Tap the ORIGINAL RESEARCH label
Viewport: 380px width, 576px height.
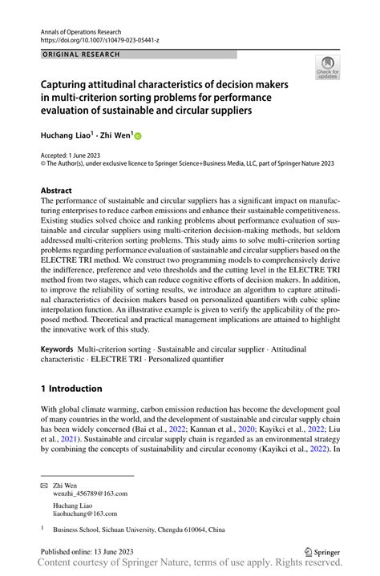pyautogui.click(x=80, y=54)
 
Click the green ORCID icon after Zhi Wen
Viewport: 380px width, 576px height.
pyautogui.click(x=137, y=137)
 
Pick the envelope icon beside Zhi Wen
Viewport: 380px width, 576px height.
pyautogui.click(x=44, y=485)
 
